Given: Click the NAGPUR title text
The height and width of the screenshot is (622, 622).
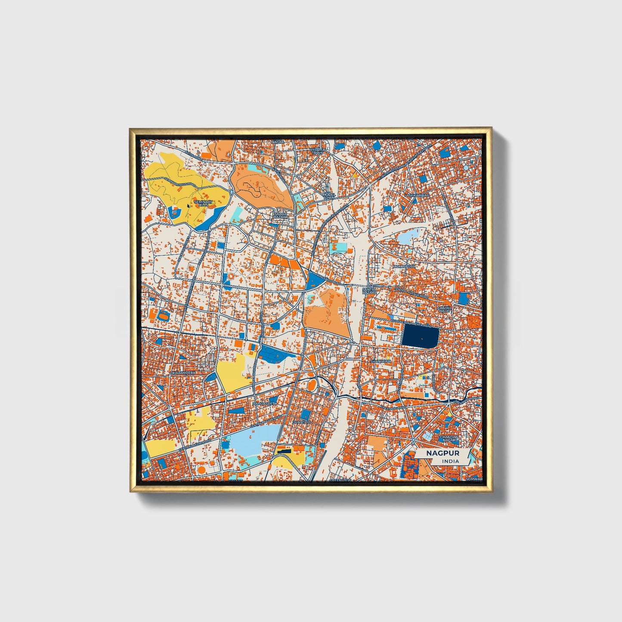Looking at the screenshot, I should [x=443, y=453].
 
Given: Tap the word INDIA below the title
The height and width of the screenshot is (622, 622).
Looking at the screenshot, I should [x=450, y=461].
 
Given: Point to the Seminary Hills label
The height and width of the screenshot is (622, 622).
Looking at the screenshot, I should [x=203, y=204].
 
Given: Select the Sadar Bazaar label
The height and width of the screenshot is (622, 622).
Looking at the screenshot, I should [x=280, y=215].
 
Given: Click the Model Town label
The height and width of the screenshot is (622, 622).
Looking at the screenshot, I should [x=329, y=196].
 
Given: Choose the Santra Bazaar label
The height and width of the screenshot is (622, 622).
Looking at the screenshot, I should [x=369, y=291].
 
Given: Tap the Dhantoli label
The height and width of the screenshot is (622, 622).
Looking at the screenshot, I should [x=301, y=422].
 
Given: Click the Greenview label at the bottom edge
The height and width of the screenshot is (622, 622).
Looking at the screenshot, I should [x=340, y=480].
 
